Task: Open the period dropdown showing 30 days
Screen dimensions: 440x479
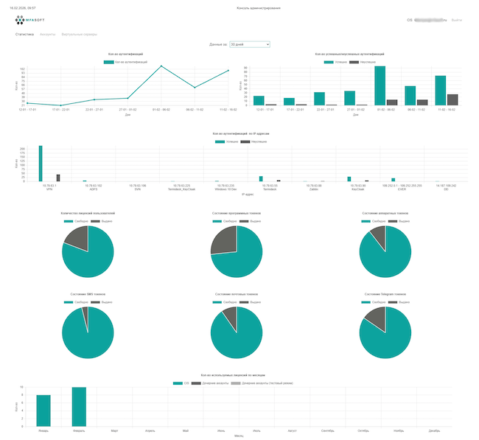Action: [x=250, y=45]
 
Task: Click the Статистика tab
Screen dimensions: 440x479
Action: [x=24, y=35]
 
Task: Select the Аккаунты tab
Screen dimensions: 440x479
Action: [x=48, y=35]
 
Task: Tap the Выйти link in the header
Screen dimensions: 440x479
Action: [x=457, y=20]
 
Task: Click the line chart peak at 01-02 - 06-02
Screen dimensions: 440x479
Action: [x=161, y=66]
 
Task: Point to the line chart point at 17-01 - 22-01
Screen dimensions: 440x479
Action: [x=60, y=105]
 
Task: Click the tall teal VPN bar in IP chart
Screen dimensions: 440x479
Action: [x=41, y=163]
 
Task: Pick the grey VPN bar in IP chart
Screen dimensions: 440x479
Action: [x=58, y=178]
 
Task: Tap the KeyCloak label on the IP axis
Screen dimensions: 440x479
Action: [x=358, y=189]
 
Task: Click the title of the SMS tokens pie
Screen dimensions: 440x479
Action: [x=88, y=294]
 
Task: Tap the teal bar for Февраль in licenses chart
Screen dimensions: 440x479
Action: [x=79, y=406]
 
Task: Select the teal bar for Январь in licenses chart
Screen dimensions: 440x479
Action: [x=43, y=411]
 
